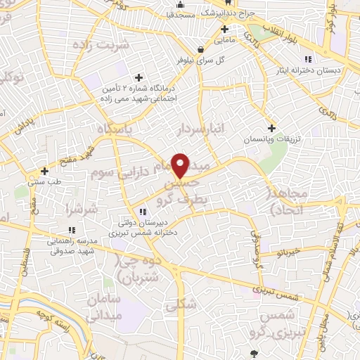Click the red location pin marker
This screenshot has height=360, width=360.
coord(181,165)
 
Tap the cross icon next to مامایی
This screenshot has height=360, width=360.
coord(225,29)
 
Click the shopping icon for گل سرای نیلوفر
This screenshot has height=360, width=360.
coord(202,49)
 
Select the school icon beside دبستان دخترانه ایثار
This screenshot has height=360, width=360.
coord(307,59)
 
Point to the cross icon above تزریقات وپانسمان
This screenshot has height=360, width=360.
coord(271,127)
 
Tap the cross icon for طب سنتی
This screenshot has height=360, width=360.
coord(44,170)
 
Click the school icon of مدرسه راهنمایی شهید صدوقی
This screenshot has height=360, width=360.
coord(72,230)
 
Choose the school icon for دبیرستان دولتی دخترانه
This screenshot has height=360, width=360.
coord(143,211)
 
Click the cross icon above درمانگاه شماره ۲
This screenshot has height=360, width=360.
coord(139,77)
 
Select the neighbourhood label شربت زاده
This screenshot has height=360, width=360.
coord(127,47)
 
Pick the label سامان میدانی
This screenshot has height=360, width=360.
coord(105,307)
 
